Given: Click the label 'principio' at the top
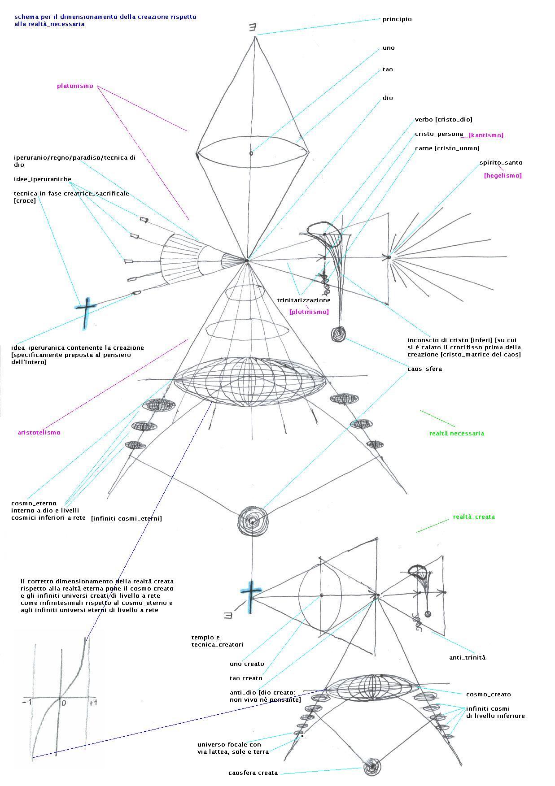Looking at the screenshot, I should [397, 19].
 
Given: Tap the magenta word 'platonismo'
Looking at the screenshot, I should [75, 86].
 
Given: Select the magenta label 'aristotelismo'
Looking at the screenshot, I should [39, 433].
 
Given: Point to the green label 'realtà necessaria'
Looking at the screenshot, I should [456, 434].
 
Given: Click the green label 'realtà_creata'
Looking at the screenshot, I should [473, 517].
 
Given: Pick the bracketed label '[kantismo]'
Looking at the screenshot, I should [486, 135].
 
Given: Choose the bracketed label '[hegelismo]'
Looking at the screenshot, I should [503, 176].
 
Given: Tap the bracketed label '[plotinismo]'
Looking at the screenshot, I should [309, 312].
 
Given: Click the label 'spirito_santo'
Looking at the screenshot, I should [501, 163].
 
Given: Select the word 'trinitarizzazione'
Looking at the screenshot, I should [304, 300].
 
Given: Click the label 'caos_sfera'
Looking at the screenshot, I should [424, 369].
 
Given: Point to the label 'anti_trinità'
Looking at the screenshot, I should [467, 658].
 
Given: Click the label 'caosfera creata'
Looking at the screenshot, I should [253, 773].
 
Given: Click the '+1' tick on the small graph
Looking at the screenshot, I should [93, 703].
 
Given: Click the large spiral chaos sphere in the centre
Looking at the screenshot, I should [253, 521].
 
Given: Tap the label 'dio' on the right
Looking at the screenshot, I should [388, 98].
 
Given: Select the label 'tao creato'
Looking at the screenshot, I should [246, 678].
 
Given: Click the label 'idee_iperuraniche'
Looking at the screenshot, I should [43, 179].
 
